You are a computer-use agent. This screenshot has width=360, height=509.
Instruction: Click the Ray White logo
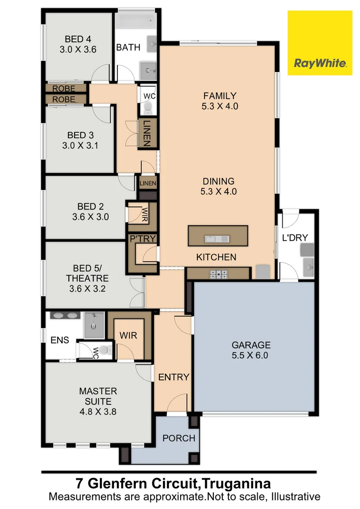pos(320,43)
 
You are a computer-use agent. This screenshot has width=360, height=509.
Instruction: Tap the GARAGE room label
pos(250,345)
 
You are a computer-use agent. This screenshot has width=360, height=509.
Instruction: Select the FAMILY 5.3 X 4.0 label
pos(220,101)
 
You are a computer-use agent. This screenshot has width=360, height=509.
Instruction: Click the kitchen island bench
pos(218,236)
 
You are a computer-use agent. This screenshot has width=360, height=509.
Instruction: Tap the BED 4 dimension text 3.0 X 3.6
pos(79,49)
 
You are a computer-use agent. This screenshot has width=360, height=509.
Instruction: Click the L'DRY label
pos(295,238)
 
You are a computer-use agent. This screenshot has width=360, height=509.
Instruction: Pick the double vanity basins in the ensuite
pos(65,316)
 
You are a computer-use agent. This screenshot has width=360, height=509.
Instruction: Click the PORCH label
pos(179,438)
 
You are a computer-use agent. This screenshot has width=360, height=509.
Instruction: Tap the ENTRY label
pos(173,377)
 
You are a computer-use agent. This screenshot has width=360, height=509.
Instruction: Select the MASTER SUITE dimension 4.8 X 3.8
pos(98,411)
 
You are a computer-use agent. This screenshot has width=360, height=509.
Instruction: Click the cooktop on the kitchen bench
pos(218,273)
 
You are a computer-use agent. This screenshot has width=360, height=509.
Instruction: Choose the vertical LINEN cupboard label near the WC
pos(146,134)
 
